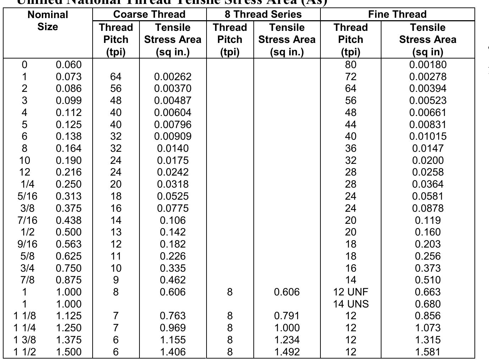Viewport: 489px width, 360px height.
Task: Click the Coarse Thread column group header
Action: click(x=149, y=15)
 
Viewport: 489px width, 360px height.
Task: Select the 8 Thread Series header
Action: click(x=263, y=15)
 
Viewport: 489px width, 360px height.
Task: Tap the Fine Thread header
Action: click(x=397, y=15)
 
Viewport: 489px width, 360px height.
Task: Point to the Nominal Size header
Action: click(x=48, y=21)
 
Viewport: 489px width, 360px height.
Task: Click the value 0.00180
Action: click(x=428, y=65)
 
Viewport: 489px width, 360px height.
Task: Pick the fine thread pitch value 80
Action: click(x=350, y=65)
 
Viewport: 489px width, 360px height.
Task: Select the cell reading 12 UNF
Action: click(x=351, y=292)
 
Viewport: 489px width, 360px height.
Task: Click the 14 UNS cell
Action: click(x=351, y=304)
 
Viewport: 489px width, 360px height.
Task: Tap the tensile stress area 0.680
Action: click(x=428, y=304)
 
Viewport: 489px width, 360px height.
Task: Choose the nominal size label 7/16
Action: click(x=27, y=220)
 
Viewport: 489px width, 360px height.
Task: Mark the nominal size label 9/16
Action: click(x=27, y=244)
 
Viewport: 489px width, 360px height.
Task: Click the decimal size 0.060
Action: click(x=68, y=65)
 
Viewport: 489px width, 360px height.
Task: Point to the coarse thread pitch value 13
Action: click(x=116, y=232)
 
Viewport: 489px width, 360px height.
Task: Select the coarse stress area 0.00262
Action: click(x=172, y=77)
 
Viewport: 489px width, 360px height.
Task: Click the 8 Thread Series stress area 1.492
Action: click(x=287, y=352)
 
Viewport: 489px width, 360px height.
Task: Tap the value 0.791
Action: click(x=287, y=316)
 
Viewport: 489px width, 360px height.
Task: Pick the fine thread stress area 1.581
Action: click(x=428, y=352)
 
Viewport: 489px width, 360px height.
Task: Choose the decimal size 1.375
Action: click(x=68, y=340)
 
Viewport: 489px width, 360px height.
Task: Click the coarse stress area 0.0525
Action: click(x=172, y=196)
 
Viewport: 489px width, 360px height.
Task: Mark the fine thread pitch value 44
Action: click(x=350, y=124)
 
